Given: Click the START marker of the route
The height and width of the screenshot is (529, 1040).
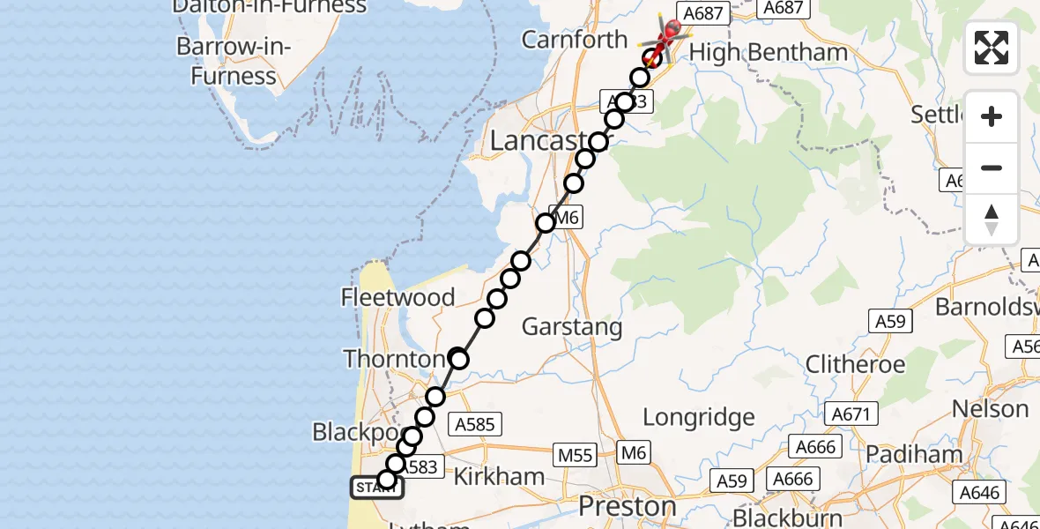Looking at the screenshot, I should pyautogui.click(x=377, y=487).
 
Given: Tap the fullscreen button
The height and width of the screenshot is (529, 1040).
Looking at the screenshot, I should pyautogui.click(x=992, y=48).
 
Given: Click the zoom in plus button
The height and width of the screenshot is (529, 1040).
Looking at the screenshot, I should pyautogui.click(x=992, y=116).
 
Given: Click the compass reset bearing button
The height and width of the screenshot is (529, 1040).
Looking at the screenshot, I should pyautogui.click(x=992, y=220).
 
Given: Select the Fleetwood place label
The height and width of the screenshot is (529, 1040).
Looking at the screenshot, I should pyautogui.click(x=398, y=297).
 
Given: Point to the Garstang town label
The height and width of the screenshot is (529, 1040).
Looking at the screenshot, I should pyautogui.click(x=572, y=327).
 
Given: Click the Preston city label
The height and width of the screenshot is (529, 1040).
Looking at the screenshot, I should pyautogui.click(x=628, y=507).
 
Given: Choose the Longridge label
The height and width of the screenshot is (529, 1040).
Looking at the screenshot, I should pyautogui.click(x=699, y=417).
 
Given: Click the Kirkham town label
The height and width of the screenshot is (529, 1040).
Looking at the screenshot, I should pyautogui.click(x=499, y=477).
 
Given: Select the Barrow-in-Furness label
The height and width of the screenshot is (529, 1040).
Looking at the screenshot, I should pyautogui.click(x=233, y=61).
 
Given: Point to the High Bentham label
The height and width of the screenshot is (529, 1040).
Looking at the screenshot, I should pyautogui.click(x=768, y=53).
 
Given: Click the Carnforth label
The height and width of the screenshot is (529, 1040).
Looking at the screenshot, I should pyautogui.click(x=575, y=40).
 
